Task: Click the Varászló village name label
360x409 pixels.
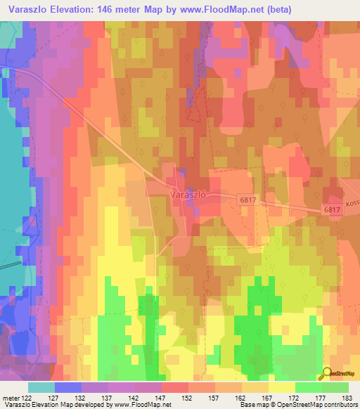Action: click(x=187, y=194)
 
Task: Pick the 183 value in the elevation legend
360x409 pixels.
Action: click(x=349, y=398)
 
